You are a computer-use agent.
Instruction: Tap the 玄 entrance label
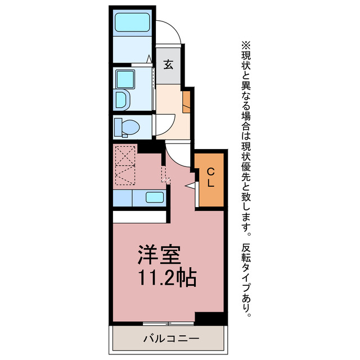(x=168, y=64)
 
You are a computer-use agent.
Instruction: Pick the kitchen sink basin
(x=154, y=197)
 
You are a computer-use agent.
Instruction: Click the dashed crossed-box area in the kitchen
(x=124, y=164)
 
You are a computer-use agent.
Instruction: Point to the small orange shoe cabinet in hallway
(x=187, y=99)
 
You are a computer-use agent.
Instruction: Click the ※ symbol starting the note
(x=246, y=45)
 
